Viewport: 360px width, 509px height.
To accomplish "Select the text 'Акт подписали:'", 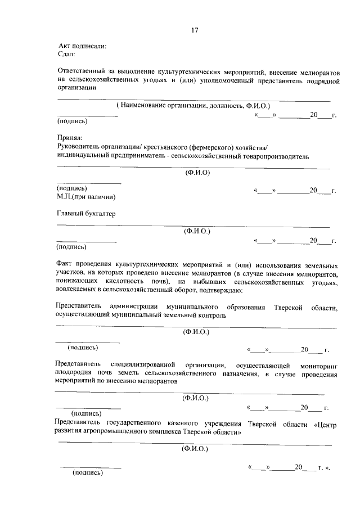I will click(82, 46).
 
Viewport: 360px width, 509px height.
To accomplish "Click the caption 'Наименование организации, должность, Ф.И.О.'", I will click(193, 105).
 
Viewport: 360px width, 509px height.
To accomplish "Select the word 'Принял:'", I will click(70, 137).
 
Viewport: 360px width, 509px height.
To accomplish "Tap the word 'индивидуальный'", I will click(84, 156).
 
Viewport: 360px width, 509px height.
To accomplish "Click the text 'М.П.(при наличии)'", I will click(86, 197).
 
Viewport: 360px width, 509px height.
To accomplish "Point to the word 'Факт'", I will click(66, 263).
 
